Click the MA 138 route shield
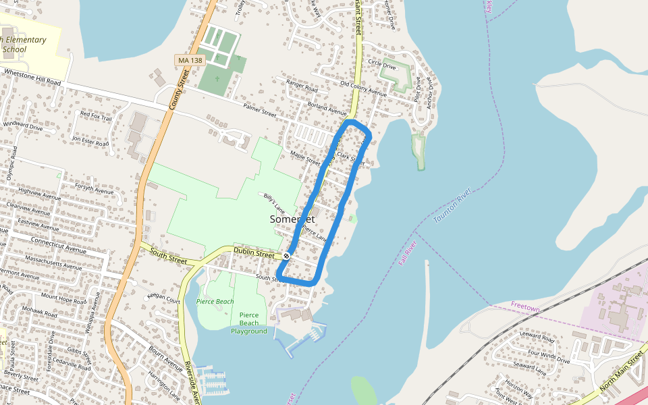click(x=189, y=61)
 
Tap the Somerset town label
click(x=292, y=219)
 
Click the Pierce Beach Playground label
click(x=248, y=323)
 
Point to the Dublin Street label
click(x=254, y=254)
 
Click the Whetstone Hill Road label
click(x=32, y=76)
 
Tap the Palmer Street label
click(x=260, y=110)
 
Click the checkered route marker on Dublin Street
click(x=287, y=256)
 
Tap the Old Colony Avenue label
click(x=363, y=89)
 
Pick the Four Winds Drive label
click(x=549, y=356)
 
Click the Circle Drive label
click(x=382, y=64)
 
